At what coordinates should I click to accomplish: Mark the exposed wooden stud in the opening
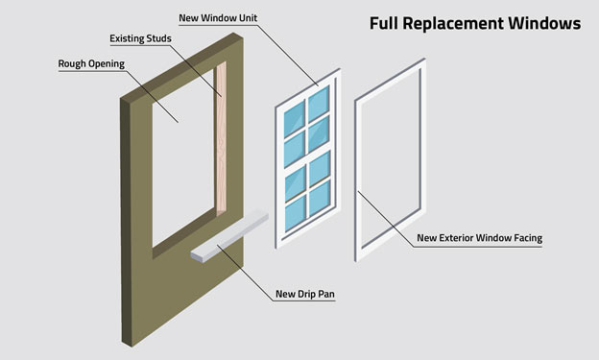click(x=222, y=144)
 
